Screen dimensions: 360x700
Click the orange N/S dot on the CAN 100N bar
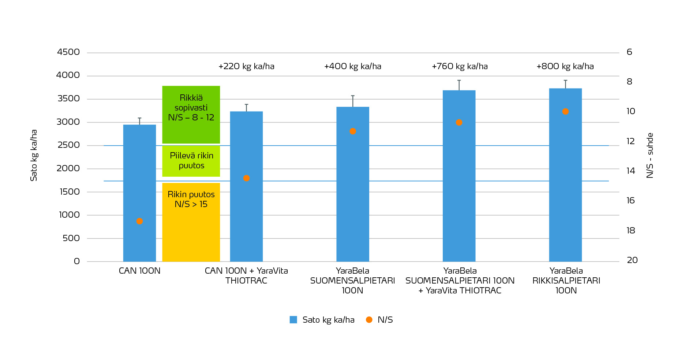[139, 221]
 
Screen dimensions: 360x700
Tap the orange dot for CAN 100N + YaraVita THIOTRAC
[246, 178]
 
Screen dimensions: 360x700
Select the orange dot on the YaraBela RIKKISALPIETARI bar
[565, 112]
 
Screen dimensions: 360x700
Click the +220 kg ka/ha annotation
[246, 67]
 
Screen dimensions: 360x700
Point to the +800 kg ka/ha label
[565, 67]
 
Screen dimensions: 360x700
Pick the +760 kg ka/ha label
[460, 67]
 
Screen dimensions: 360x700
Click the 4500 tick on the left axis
[68, 52]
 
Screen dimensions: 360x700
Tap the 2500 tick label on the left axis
[68, 145]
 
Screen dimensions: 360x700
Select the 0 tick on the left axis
[76, 261]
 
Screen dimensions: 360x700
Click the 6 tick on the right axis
[629, 52]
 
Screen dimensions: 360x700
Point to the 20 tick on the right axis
[632, 260]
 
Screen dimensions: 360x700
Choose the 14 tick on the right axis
[631, 171]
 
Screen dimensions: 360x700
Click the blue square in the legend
[293, 320]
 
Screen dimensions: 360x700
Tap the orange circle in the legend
[369, 320]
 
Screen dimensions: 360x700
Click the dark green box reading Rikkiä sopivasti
[191, 115]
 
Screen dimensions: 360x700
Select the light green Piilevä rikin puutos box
[191, 161]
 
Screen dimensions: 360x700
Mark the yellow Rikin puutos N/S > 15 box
[191, 222]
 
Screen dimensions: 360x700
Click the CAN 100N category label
[139, 271]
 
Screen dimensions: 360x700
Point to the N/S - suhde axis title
[650, 155]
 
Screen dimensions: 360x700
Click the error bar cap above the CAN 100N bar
[139, 118]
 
